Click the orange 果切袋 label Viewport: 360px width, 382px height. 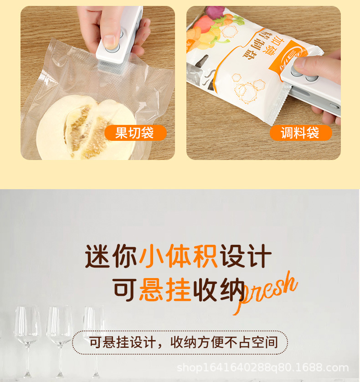(x=135, y=133)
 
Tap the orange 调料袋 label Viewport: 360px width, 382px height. (x=300, y=133)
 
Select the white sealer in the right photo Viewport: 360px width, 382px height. (x=314, y=84)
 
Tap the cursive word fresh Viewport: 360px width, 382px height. (x=267, y=292)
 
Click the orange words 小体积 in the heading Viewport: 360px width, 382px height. (x=179, y=257)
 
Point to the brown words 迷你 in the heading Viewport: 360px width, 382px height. (x=111, y=257)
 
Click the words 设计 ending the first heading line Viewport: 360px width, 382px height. (x=246, y=257)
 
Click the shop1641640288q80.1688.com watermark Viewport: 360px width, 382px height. (x=262, y=367)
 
